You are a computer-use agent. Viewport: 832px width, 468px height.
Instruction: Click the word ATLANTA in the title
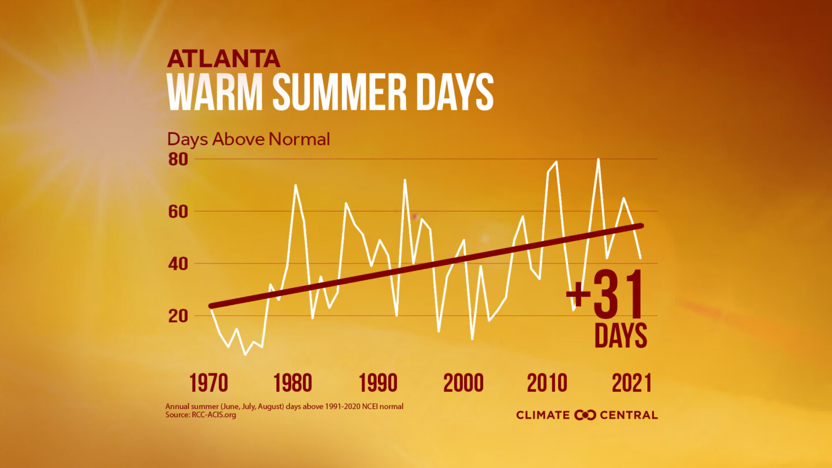224,59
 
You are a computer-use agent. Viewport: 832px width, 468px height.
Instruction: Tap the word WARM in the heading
215,92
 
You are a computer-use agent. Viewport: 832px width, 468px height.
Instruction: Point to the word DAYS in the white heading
457,92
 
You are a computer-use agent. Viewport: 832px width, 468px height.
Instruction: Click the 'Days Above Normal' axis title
248,139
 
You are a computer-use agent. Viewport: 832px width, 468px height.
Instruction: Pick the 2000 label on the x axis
463,382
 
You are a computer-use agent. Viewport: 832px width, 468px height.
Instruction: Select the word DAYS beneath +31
621,336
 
